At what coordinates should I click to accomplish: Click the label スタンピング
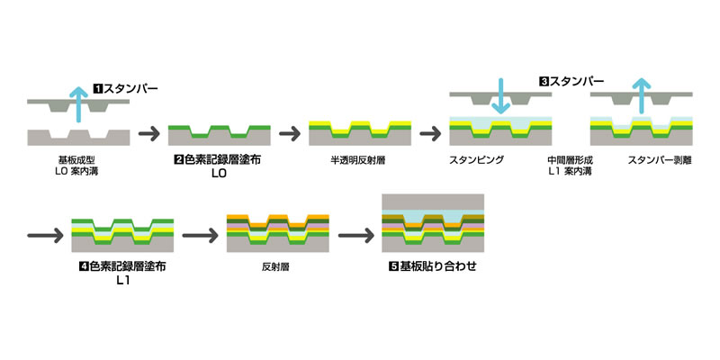pyautogui.click(x=476, y=159)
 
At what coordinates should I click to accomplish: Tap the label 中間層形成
pyautogui.click(x=569, y=159)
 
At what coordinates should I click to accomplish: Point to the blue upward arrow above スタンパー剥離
pyautogui.click(x=640, y=98)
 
